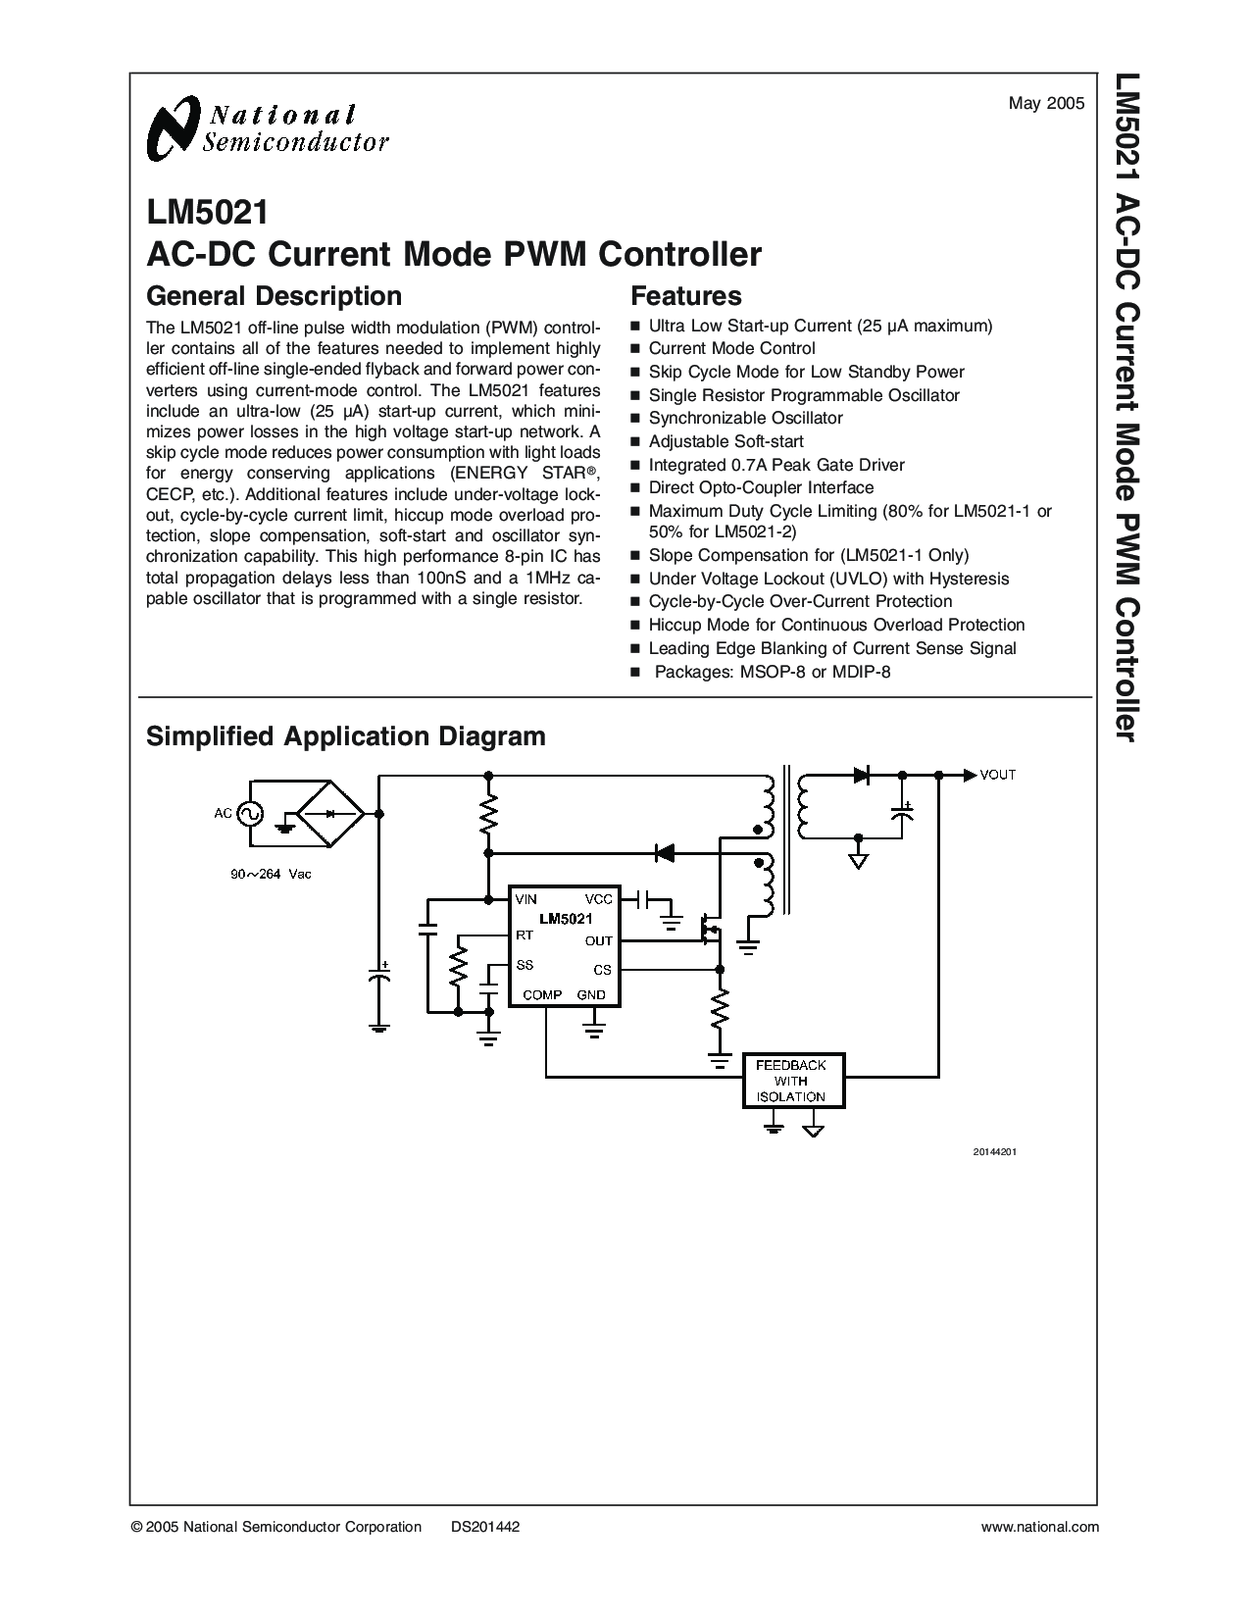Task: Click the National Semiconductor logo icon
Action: point(175,128)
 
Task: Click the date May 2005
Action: point(1047,104)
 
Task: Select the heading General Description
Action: point(274,296)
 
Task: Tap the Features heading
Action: point(686,296)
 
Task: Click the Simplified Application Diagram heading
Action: point(346,736)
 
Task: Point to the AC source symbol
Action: point(249,814)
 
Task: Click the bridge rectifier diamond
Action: point(330,814)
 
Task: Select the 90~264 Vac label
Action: point(271,874)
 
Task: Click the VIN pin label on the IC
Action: point(525,899)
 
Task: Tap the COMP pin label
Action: point(542,994)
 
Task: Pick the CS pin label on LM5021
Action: point(602,970)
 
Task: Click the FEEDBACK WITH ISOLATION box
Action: point(793,1082)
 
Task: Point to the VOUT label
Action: point(998,775)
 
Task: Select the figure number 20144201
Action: point(995,1152)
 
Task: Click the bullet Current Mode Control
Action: point(731,348)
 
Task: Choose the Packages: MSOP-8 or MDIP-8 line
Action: point(772,672)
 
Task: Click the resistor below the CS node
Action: point(720,1011)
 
